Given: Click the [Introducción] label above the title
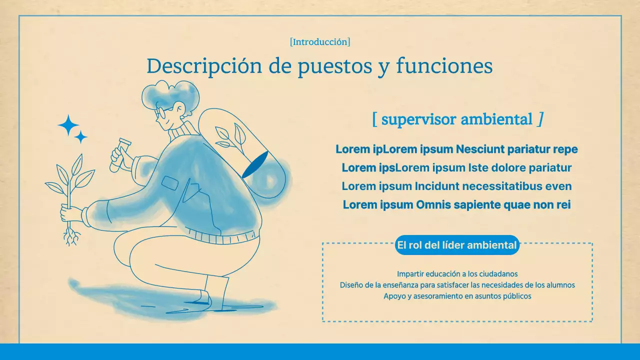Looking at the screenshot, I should pos(320,42).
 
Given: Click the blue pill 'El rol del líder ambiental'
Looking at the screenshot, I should pos(456,245).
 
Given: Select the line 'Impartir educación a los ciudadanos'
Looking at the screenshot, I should pos(457,274).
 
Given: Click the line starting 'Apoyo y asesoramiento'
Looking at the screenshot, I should pos(457,296).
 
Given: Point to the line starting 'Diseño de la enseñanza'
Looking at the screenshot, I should pos(457,285).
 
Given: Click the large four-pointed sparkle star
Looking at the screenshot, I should pos(68,125).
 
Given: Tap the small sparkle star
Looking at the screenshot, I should pos(80,137).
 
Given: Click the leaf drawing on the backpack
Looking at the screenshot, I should pos(231,136).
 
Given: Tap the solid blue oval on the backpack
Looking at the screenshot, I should pos(255,165).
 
